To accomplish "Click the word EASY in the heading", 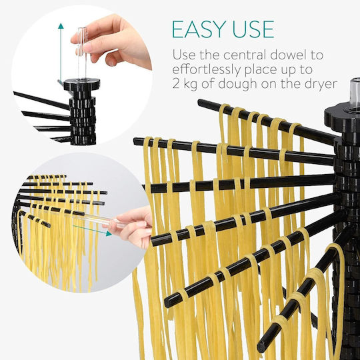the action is pos(199,29).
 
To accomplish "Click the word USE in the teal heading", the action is pos(253,29).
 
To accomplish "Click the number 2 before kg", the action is pos(175,84).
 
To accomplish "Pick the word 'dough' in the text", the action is pos(237,85).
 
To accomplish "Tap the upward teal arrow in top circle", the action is pos(61,52).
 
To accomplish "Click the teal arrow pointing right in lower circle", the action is pos(92,230).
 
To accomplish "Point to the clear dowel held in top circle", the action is pos(82,53).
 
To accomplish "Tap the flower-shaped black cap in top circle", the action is pos(82,84).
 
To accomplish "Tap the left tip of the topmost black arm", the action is pos(200,103).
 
